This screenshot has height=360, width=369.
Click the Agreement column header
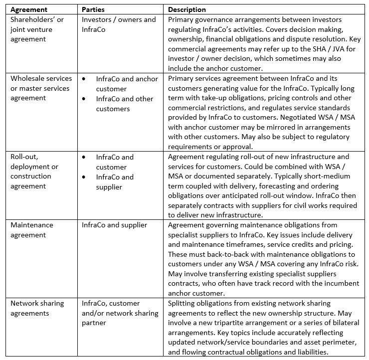click(29, 9)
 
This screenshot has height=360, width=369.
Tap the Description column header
click(187, 9)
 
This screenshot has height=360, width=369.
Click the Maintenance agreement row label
click(32, 230)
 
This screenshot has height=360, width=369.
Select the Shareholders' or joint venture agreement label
click(37, 29)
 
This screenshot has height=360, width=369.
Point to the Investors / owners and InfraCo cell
click(119, 24)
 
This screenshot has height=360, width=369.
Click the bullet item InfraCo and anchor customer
click(127, 84)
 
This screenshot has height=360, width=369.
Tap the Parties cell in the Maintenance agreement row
click(115, 225)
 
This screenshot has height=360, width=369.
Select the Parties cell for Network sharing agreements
click(120, 313)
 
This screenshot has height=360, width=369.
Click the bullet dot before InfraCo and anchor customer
click(85, 79)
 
